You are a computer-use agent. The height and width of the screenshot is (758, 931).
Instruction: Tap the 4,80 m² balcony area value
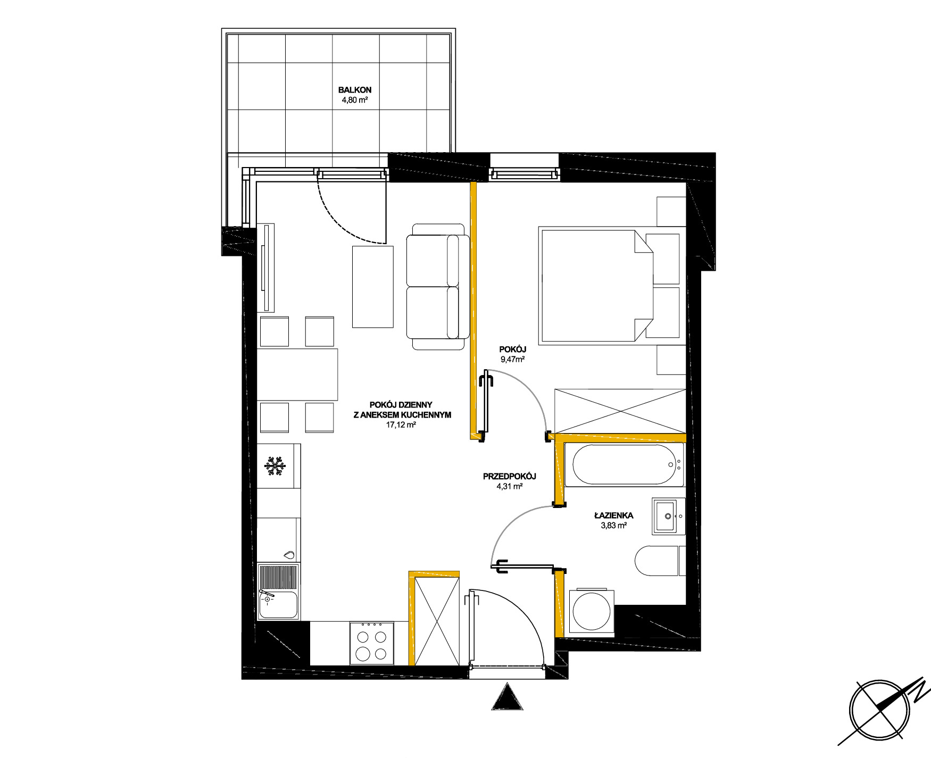354,99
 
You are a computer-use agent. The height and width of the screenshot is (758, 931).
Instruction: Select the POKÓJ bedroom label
512,349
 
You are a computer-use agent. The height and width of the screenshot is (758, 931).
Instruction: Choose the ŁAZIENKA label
613,515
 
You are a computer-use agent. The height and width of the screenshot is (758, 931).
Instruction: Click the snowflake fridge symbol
276,467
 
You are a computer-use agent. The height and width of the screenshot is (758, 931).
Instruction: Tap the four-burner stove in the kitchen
372,644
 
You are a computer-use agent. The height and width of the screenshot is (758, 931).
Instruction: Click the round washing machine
592,611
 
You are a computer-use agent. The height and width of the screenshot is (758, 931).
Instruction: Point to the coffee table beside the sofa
372,287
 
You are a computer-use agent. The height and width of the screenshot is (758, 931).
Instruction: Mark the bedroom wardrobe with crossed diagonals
620,410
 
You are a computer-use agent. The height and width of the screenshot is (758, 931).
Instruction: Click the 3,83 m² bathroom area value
613,525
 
